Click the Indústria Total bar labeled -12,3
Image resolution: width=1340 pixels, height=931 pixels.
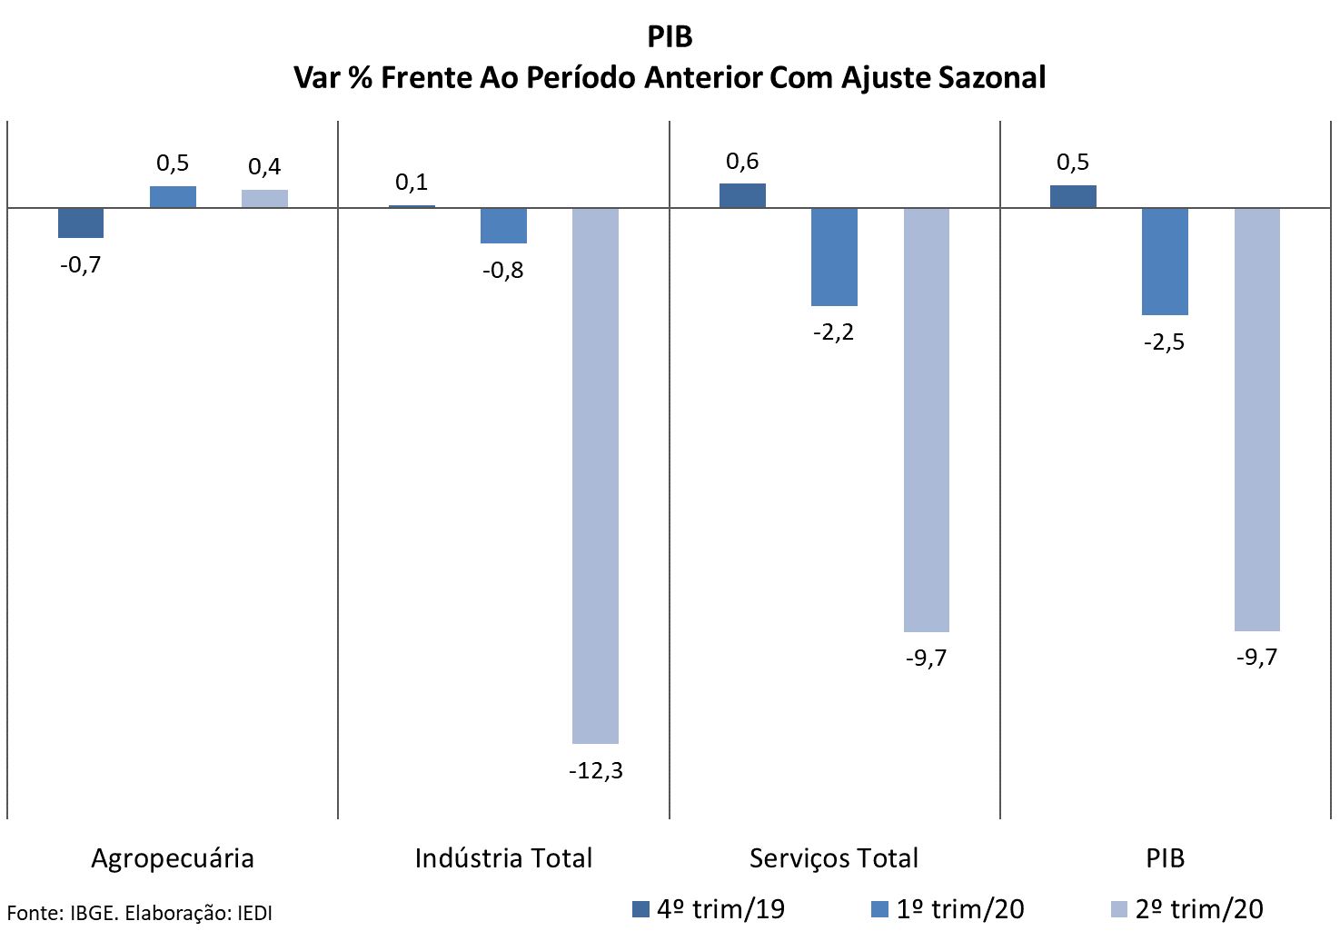tap(595, 475)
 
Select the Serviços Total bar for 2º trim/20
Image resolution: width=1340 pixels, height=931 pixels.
tap(926, 420)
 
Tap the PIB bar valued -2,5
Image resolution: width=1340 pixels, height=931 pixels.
tap(1165, 262)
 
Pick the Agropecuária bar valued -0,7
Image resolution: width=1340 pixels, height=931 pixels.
tap(81, 223)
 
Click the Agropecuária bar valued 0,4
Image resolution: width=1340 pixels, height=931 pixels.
tap(264, 199)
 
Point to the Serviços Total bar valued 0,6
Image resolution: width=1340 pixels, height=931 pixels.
tap(742, 196)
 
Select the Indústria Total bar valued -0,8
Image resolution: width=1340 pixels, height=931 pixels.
tap(503, 226)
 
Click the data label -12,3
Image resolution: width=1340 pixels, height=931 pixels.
tap(596, 771)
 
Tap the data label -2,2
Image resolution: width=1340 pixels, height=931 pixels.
tap(833, 332)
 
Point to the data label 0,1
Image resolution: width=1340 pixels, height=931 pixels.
tap(412, 183)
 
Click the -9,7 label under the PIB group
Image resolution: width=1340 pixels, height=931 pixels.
tap(1256, 658)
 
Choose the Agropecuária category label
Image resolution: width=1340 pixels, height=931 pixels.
tap(173, 858)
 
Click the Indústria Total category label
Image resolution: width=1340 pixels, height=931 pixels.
tap(503, 858)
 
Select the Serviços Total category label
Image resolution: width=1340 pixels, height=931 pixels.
tap(833, 858)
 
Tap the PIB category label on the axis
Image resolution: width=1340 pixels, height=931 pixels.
tap(1165, 858)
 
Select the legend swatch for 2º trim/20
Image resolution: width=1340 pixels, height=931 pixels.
tap(1119, 910)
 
